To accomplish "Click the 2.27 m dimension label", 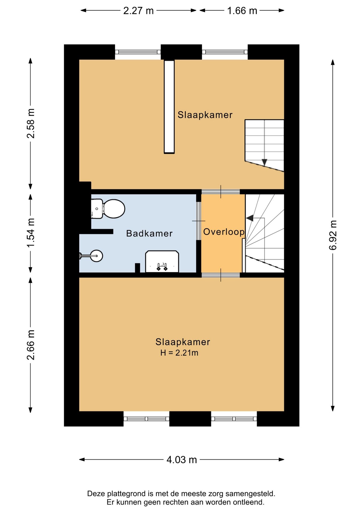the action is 138,11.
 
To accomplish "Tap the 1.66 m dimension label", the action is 242,11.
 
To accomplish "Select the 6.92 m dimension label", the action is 333,235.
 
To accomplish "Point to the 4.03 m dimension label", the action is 182,460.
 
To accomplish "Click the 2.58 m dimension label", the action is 31,123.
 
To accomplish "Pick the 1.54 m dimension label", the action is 31,233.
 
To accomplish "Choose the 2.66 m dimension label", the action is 31,345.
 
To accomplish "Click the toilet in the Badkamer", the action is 108,209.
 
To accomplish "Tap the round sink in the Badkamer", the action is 96,256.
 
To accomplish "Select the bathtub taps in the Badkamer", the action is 162,267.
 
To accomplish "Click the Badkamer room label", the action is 149,234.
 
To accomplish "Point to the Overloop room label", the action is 224,232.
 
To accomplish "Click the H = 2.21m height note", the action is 179,353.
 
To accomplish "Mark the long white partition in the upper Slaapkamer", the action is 169,107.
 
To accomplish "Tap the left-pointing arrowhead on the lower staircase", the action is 250,218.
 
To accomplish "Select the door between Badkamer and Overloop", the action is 199,221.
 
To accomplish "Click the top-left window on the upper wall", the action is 138,52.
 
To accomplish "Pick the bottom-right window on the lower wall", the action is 234,419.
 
